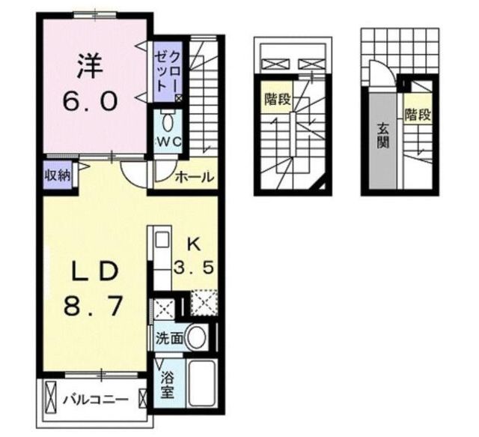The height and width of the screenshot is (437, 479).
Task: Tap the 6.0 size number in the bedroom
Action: pyautogui.click(x=90, y=101)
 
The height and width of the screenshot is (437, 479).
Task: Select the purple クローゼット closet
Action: pyautogui.click(x=168, y=72)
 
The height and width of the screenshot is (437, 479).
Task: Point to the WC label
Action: pyautogui.click(x=168, y=142)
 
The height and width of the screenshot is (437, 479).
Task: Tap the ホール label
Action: pyautogui.click(x=195, y=177)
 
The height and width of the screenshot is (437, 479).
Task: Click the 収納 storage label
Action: pyautogui.click(x=58, y=175)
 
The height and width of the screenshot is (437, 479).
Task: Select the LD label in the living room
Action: pyautogui.click(x=95, y=271)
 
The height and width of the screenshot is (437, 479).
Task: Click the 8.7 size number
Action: pyautogui.click(x=94, y=305)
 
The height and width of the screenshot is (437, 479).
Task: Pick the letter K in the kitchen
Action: pyautogui.click(x=195, y=245)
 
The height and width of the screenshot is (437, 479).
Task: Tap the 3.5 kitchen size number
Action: pyautogui.click(x=193, y=268)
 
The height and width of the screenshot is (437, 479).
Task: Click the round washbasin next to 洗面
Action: pyautogui.click(x=196, y=338)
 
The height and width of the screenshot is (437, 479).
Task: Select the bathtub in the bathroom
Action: pyautogui.click(x=201, y=384)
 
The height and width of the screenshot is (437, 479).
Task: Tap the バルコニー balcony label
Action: pyautogui.click(x=95, y=400)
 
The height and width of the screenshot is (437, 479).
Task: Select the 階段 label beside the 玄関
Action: pyautogui.click(x=418, y=115)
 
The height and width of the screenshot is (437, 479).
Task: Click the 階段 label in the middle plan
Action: pyautogui.click(x=278, y=99)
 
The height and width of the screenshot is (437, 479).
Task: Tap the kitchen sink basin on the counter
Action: pyautogui.click(x=162, y=240)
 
